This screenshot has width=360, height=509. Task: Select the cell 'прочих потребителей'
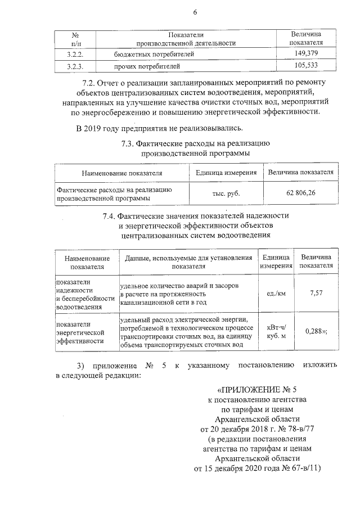[x=147, y=67]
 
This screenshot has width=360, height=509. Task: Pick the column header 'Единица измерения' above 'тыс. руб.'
[x=227, y=173]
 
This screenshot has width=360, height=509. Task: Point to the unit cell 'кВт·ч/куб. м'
[x=276, y=331]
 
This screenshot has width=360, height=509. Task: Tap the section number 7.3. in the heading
[x=130, y=143]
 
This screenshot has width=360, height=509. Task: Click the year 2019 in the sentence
[x=96, y=129]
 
